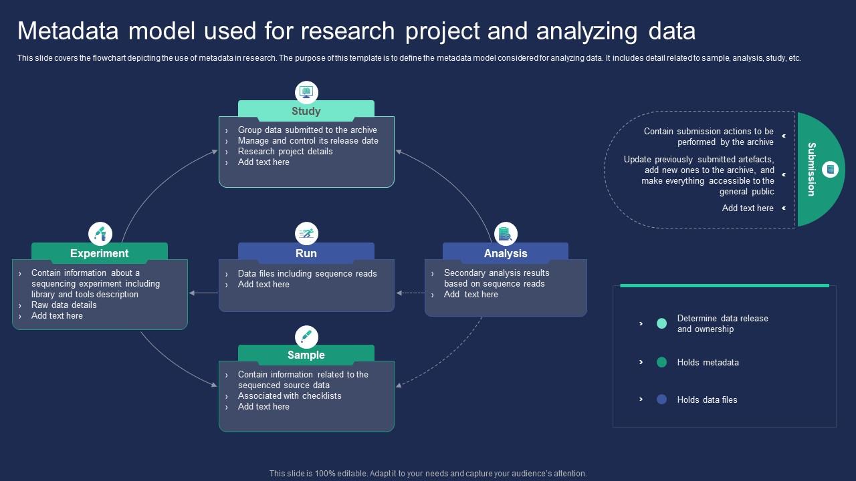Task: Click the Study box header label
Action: (306, 112)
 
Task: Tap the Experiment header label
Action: (99, 254)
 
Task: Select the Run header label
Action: (306, 254)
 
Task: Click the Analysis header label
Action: (506, 254)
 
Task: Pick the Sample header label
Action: (306, 355)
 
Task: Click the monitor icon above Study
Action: (306, 92)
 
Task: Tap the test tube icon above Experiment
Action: (100, 234)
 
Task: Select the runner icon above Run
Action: (306, 234)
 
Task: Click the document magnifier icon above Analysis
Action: (506, 234)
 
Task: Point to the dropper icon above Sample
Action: (306, 336)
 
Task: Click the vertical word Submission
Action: (811, 169)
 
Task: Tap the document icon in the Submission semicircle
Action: (830, 169)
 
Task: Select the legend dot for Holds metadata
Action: (661, 362)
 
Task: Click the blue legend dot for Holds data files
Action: (661, 399)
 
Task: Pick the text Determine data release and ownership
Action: (722, 324)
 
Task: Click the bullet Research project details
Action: (285, 152)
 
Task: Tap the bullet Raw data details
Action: (64, 305)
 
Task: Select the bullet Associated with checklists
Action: (290, 396)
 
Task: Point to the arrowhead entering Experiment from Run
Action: (192, 293)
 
